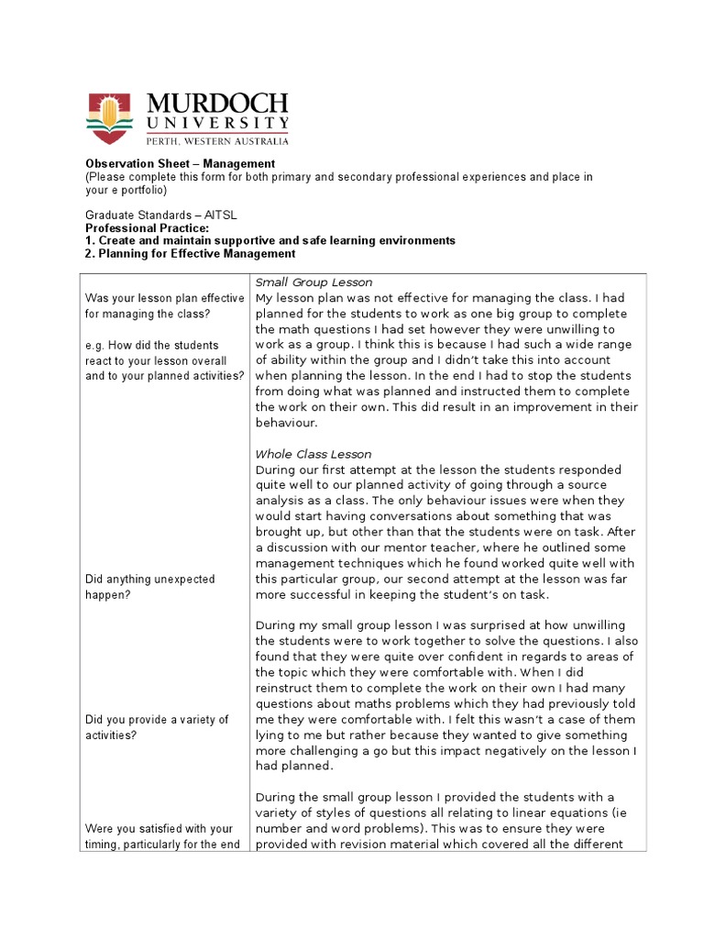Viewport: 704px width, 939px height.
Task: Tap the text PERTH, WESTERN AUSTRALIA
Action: [x=217, y=141]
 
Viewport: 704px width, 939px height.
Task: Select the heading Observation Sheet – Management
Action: [x=167, y=164]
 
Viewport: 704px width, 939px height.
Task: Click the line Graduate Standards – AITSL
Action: [x=160, y=215]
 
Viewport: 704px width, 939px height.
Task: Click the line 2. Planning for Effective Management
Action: [x=191, y=253]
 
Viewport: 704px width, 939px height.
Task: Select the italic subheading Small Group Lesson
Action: [x=313, y=282]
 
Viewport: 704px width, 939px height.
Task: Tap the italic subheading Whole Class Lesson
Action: [x=313, y=454]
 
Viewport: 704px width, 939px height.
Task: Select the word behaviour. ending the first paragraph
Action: [x=285, y=423]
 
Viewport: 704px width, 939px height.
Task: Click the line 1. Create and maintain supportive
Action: [x=270, y=240]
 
